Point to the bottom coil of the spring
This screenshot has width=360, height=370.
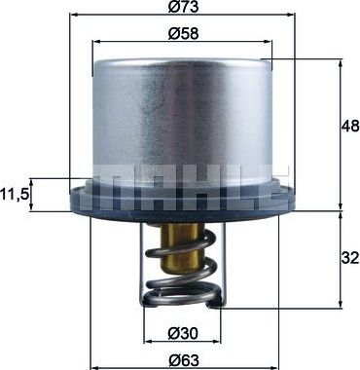pyautogui.click(x=179, y=294)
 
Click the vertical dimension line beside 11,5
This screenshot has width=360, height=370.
pyautogui.click(x=36, y=195)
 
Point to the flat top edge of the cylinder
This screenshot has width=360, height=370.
pyautogui.click(x=179, y=59)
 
